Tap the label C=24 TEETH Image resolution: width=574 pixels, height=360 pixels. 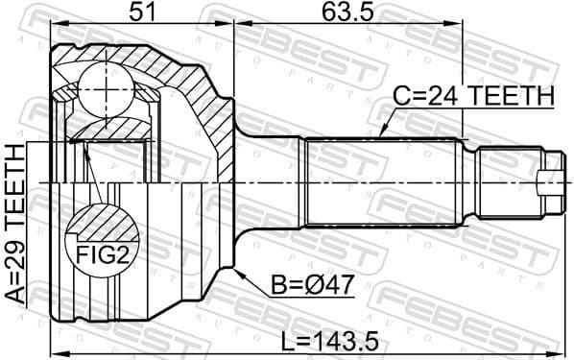click(474, 96)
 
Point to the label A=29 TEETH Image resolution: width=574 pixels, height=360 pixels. click(16, 224)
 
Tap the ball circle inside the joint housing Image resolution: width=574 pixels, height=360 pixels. click(101, 88)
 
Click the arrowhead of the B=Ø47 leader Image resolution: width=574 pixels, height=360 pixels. click(234, 272)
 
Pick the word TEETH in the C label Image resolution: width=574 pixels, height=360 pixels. click(507, 96)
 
